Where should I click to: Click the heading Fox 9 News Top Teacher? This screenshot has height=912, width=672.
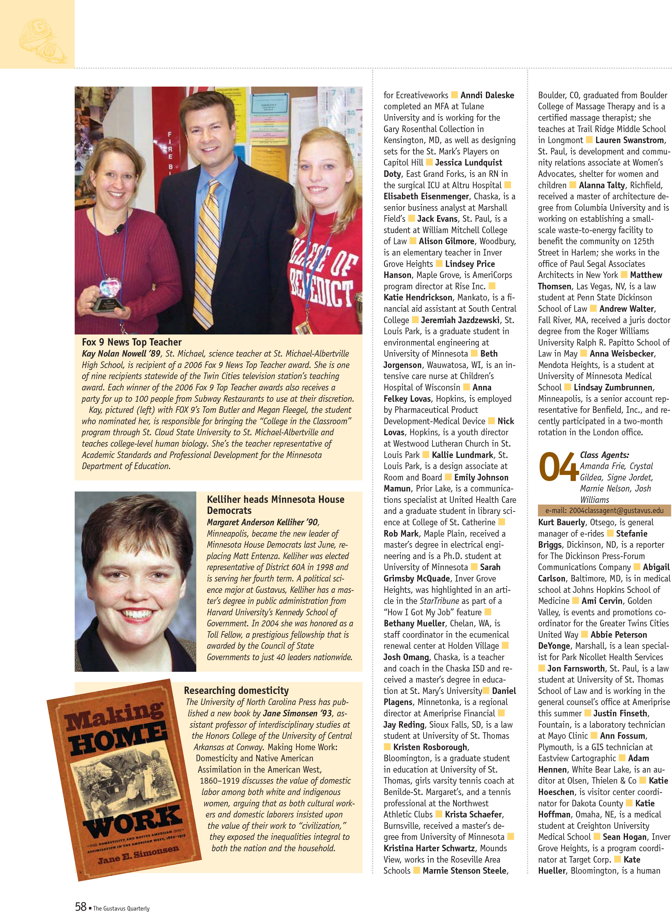[x=132, y=342]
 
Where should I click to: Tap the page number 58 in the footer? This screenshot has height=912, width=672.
[x=81, y=906]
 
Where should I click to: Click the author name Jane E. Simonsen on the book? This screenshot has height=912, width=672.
[x=138, y=854]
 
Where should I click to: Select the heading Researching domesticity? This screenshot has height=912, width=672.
[x=236, y=691]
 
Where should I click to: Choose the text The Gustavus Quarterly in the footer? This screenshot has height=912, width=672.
[x=121, y=908]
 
